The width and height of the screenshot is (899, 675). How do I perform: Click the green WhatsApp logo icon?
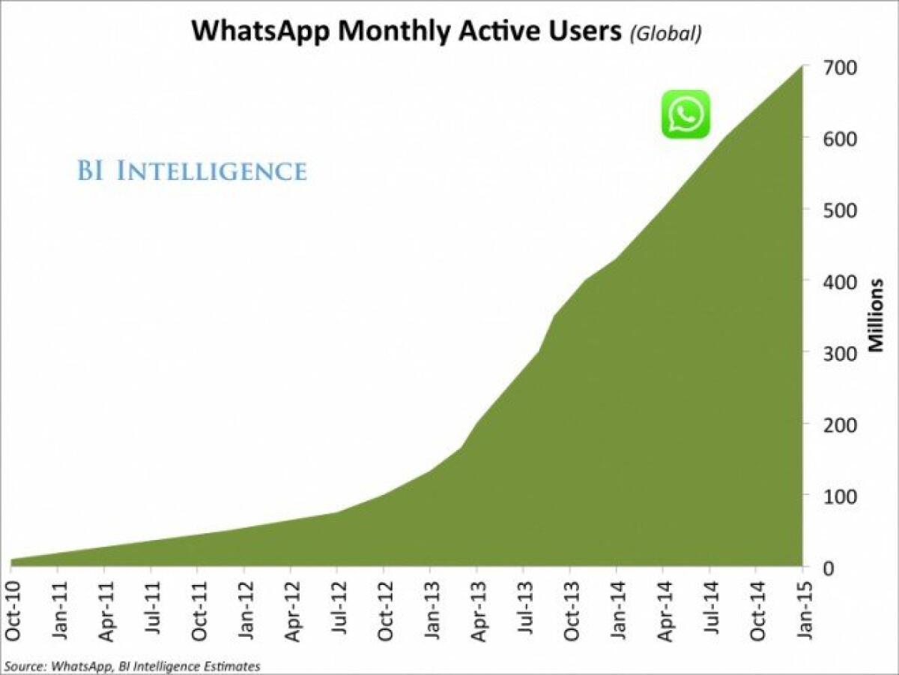tap(685, 114)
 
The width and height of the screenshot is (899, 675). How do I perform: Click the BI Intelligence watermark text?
tap(192, 171)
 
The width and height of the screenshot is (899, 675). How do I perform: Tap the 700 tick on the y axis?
tap(841, 67)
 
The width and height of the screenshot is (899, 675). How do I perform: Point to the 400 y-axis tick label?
tap(841, 281)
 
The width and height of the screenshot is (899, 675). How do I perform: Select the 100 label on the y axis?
tap(841, 496)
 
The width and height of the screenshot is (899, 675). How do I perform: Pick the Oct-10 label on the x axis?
tap(11, 610)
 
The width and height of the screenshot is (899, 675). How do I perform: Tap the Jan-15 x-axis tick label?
tap(804, 610)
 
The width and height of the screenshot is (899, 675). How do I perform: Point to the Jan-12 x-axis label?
tap(244, 610)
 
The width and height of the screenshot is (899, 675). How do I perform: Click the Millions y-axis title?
tap(876, 315)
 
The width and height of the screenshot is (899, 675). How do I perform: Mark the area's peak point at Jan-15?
tap(803, 67)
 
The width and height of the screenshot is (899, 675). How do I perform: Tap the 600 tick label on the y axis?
tap(841, 139)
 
